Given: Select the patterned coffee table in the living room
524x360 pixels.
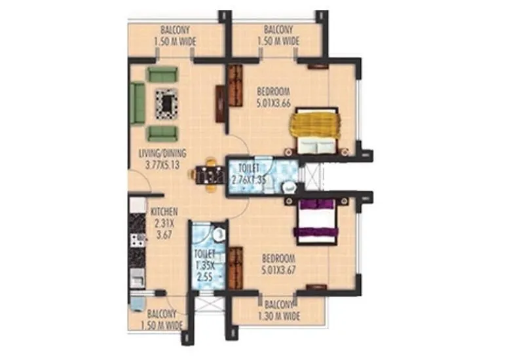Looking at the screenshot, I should point(166,103).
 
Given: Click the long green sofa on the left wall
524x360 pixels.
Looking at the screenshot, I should point(138,103).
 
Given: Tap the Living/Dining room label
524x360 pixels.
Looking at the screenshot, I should point(162,154).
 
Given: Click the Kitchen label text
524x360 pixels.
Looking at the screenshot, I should point(164,212).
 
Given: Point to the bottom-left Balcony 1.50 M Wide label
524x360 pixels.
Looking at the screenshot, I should point(160,318).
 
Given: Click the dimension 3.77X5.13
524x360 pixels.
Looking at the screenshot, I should point(162,164).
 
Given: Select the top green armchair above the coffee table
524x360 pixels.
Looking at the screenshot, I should point(162,74).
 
